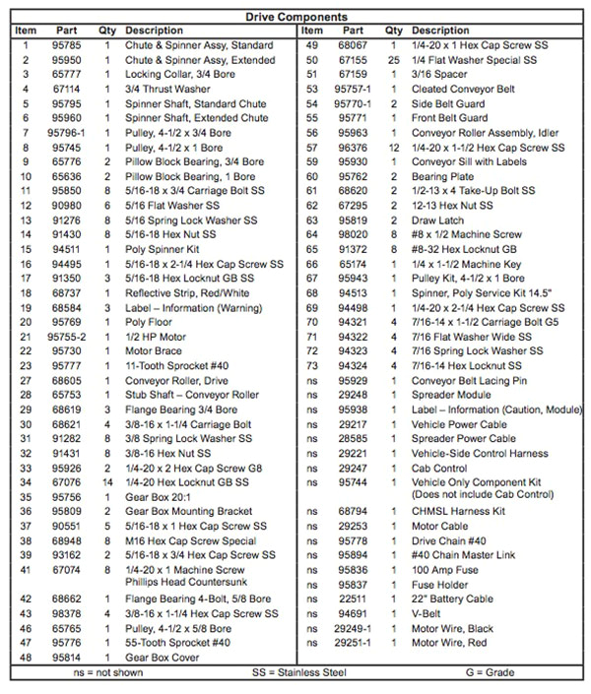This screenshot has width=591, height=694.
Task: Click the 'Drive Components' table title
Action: coord(295,17)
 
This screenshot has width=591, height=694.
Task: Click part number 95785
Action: coord(67,45)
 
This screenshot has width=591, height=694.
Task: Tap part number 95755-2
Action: coord(67,336)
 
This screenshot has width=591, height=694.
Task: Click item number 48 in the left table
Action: coord(26,656)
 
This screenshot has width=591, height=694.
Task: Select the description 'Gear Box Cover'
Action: coord(162,656)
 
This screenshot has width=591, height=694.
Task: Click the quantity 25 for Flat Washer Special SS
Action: coord(393,59)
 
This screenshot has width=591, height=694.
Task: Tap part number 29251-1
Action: coord(352,642)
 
